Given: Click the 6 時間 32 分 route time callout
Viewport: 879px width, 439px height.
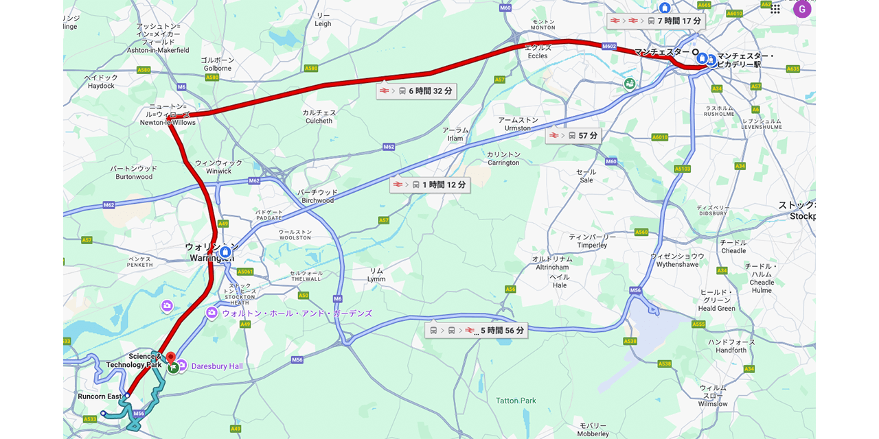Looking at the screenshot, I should tap(415, 91).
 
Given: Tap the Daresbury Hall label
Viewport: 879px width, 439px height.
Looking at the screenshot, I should tap(216, 366).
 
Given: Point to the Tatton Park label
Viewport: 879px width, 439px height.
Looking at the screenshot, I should tap(516, 401).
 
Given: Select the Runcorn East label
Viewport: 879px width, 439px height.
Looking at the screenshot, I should tap(100, 396).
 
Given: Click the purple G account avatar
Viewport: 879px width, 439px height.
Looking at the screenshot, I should tap(801, 9).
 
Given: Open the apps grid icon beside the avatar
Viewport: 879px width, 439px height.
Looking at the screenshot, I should tap(775, 9).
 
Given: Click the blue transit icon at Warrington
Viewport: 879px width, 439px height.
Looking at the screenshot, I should tap(225, 252).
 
